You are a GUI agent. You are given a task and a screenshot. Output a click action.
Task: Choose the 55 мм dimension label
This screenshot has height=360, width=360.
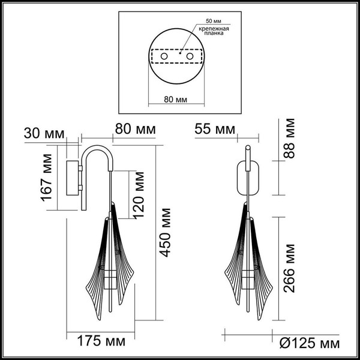(214, 128)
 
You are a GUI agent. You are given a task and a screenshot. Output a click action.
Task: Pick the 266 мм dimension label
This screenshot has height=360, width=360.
(290, 268)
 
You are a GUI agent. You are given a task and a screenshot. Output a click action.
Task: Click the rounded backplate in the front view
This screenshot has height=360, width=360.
(247, 179)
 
